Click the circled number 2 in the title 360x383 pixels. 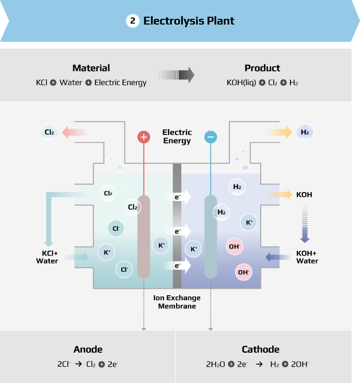(133, 21)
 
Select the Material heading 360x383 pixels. (91, 68)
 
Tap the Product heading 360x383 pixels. (262, 68)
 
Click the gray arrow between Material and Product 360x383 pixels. (177, 75)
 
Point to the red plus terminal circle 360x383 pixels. (144, 137)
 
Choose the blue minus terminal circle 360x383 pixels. (211, 137)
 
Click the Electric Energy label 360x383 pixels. (177, 136)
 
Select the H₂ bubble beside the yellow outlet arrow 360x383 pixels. (305, 133)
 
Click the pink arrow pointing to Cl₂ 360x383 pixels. (74, 132)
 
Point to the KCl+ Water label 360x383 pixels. (47, 257)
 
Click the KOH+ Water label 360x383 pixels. (307, 257)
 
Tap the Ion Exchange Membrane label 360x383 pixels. (177, 302)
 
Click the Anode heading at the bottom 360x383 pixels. (88, 350)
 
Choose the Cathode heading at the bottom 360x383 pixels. (260, 350)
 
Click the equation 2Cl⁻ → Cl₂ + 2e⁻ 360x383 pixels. (88, 364)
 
